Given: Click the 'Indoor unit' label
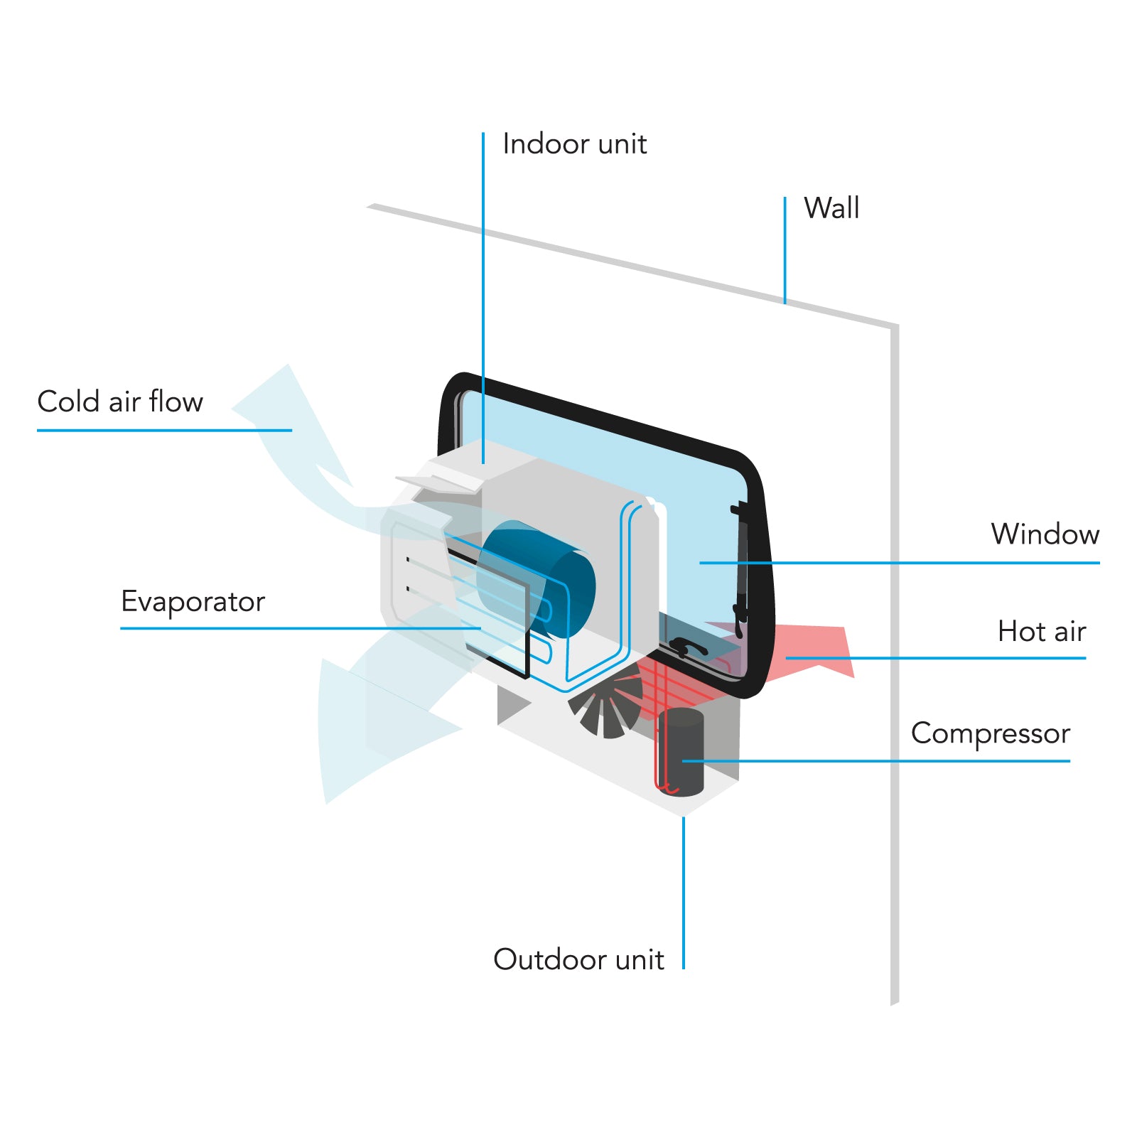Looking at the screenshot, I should (x=574, y=144).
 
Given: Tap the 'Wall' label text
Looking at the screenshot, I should (x=831, y=208).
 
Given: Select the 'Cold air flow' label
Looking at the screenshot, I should (x=120, y=402).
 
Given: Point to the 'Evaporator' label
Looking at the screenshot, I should (x=193, y=602).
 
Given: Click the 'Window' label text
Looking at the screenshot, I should (x=1045, y=534).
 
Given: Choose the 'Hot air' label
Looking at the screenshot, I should (x=1041, y=631).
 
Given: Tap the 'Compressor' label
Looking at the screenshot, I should (x=990, y=733).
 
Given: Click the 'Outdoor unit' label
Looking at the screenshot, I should (x=578, y=959).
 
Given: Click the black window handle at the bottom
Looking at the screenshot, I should (x=685, y=647).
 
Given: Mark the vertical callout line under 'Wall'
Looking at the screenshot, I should (x=785, y=249).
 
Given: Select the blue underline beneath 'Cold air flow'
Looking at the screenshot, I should (x=163, y=430).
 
